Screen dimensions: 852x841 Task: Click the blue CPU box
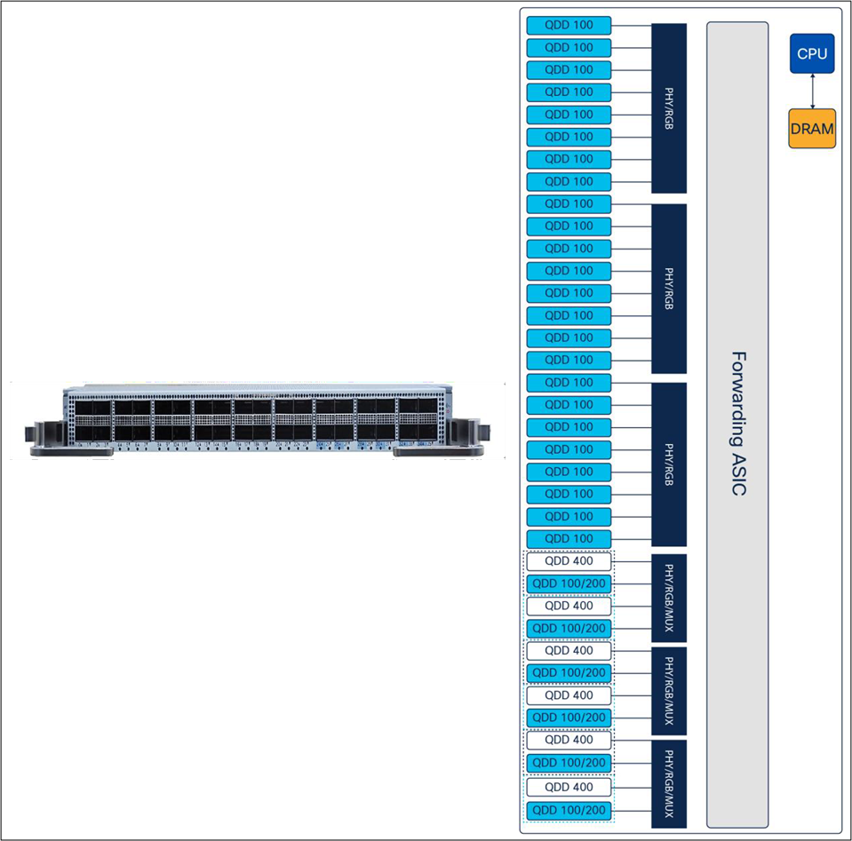point(812,53)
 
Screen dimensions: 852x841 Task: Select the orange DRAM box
point(812,128)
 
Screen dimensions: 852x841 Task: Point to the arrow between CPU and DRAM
point(812,91)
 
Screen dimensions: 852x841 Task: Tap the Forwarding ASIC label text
point(738,424)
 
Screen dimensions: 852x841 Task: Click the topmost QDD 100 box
point(569,25)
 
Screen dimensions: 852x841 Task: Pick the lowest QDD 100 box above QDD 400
point(569,539)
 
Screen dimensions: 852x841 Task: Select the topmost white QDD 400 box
point(569,561)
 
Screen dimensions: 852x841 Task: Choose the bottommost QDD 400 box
point(569,787)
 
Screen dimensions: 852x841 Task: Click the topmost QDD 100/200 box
point(569,583)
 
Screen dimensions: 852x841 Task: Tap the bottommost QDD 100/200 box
point(569,811)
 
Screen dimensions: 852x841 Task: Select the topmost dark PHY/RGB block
point(669,108)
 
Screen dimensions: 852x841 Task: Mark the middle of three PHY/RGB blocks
point(669,289)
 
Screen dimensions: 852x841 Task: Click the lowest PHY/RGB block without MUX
point(669,464)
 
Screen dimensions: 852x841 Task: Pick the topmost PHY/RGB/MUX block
point(669,599)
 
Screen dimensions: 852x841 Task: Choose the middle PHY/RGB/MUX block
point(669,691)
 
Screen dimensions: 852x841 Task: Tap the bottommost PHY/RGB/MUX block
point(669,784)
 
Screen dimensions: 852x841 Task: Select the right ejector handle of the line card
point(467,436)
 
